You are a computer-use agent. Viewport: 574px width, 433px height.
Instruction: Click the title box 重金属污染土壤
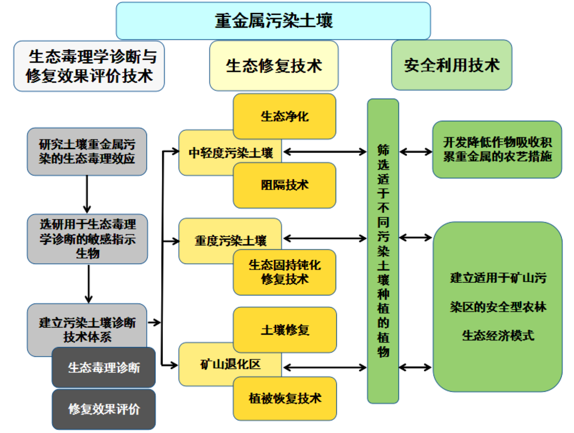point(273,21)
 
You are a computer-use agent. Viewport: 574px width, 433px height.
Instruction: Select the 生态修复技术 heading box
point(274,66)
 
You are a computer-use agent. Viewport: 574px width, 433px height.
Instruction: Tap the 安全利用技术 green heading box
point(451,65)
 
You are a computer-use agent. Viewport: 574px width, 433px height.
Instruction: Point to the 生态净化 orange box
point(284,116)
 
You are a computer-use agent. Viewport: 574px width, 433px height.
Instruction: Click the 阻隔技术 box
point(284,185)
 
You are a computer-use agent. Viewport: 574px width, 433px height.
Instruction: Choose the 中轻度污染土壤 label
point(230,153)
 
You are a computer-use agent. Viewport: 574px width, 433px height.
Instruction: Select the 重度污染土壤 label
point(230,240)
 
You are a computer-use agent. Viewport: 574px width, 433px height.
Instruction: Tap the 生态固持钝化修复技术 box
point(284,272)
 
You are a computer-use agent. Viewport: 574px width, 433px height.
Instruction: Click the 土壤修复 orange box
point(284,330)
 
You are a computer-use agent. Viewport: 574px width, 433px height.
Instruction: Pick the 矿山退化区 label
point(230,364)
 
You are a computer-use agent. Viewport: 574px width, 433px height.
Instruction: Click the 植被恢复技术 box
point(284,398)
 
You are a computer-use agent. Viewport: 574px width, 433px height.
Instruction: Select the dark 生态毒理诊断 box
point(104,367)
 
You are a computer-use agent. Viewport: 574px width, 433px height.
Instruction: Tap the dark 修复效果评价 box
point(104,409)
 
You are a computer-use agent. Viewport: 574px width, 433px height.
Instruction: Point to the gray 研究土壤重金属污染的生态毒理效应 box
point(87,152)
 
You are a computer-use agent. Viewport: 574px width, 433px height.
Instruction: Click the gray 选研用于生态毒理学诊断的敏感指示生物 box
point(87,239)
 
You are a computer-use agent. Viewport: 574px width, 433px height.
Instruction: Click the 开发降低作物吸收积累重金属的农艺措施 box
point(497,149)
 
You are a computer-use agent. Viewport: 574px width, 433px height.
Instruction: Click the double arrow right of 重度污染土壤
point(325,238)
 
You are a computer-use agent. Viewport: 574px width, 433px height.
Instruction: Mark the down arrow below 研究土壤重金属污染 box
point(87,194)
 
